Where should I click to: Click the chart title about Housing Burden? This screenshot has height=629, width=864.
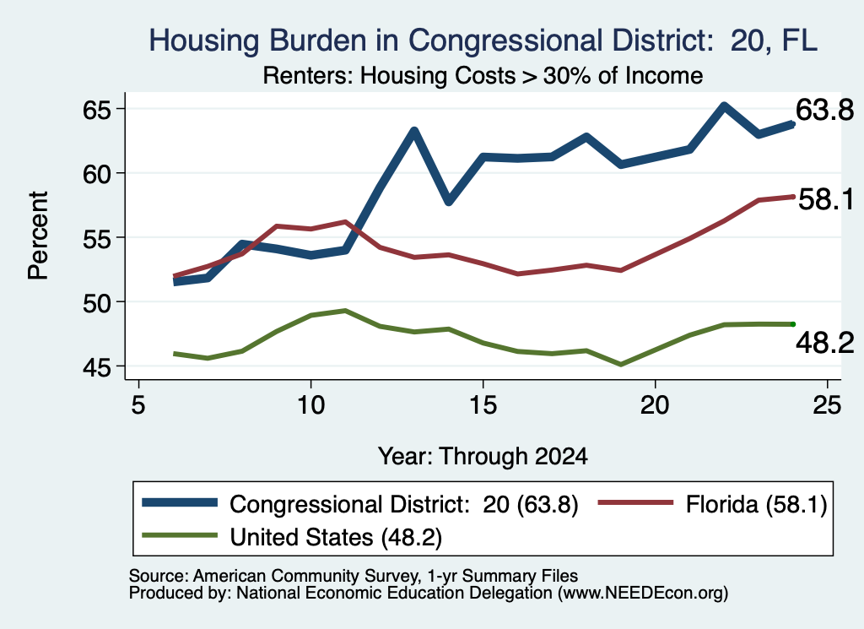[x=483, y=41]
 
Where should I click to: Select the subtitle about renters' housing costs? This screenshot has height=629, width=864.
[x=483, y=75]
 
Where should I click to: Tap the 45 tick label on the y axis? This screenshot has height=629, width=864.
[x=98, y=367]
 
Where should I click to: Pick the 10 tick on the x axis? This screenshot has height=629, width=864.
[x=310, y=405]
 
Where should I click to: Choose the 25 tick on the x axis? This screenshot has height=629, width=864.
[x=827, y=405]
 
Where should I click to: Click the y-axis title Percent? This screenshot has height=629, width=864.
[x=38, y=236]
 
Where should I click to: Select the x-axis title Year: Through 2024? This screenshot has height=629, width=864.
[x=483, y=457]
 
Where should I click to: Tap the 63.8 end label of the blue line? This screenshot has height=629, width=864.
[x=824, y=111]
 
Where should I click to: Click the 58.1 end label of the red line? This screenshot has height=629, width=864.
[x=825, y=199]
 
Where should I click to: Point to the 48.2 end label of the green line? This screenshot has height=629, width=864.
[x=824, y=343]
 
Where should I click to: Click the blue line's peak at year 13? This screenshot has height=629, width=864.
[x=414, y=131]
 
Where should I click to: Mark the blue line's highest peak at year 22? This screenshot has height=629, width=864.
[x=724, y=106]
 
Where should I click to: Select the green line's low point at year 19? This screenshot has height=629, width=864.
[x=621, y=365]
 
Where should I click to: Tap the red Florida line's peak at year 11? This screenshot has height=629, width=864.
[x=345, y=221]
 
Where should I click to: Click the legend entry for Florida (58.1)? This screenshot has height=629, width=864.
[x=712, y=504]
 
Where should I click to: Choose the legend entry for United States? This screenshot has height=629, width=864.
[x=293, y=537]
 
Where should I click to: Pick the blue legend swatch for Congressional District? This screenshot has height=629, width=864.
[x=180, y=502]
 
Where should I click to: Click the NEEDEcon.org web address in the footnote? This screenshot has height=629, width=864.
[x=642, y=594]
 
